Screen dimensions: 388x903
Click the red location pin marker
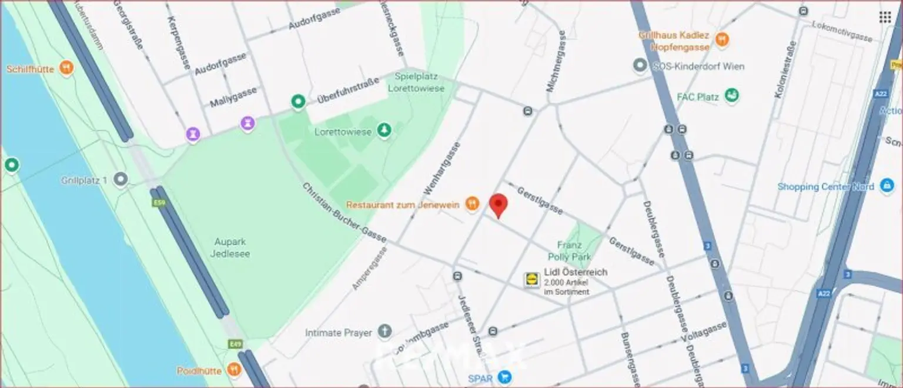point(499,206)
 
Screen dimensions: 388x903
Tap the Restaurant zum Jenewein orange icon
point(471,205)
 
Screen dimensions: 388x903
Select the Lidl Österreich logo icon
point(531,280)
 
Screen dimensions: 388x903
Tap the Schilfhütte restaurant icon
point(67,69)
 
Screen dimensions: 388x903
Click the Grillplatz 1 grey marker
point(121,180)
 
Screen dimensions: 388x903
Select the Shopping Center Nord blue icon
point(886,186)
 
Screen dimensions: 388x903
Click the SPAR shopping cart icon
point(504,377)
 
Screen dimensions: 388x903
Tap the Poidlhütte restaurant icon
point(234,370)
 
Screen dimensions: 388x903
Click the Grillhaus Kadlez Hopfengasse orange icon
point(722,40)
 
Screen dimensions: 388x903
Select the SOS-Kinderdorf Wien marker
point(640,66)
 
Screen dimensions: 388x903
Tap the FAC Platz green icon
point(732,95)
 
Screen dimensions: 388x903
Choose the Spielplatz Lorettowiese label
point(416,82)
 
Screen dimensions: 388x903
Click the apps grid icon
point(885,17)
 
